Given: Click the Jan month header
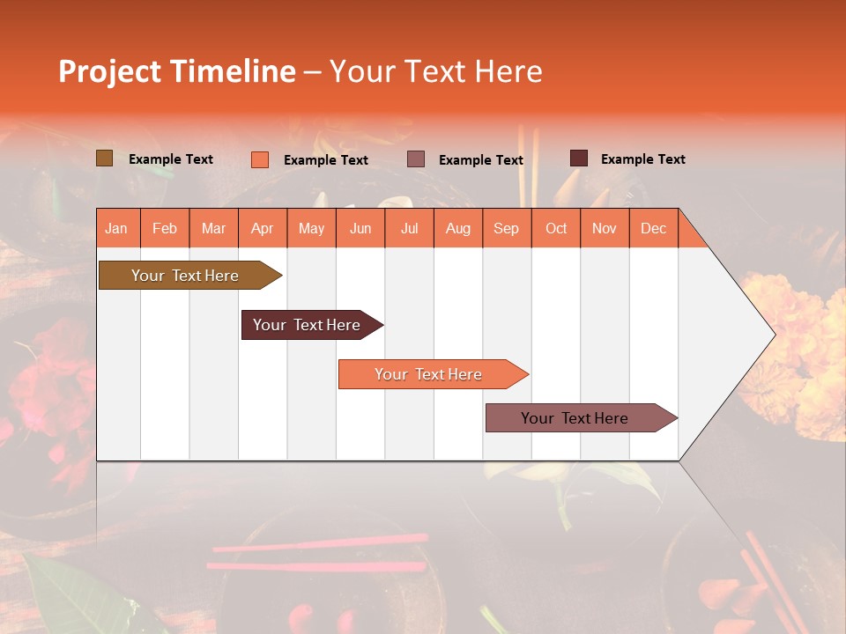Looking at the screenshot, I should (x=117, y=228).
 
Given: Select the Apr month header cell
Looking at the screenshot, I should (x=263, y=228).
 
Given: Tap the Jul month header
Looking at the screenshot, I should (x=409, y=228).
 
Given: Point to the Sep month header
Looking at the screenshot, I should (x=506, y=228).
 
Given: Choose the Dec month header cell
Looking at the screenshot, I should (x=653, y=228).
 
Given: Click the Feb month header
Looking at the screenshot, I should (x=165, y=228).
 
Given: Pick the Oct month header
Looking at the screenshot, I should (x=556, y=228).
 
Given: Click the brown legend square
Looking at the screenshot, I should (x=104, y=158).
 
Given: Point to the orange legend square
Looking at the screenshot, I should (x=259, y=159).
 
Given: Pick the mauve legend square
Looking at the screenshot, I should (x=416, y=159).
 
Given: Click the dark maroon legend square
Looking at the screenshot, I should (x=578, y=158).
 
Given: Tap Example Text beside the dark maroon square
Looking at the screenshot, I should (x=642, y=159).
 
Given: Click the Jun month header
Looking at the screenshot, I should (x=360, y=228).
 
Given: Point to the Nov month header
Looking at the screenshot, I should (x=604, y=228).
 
